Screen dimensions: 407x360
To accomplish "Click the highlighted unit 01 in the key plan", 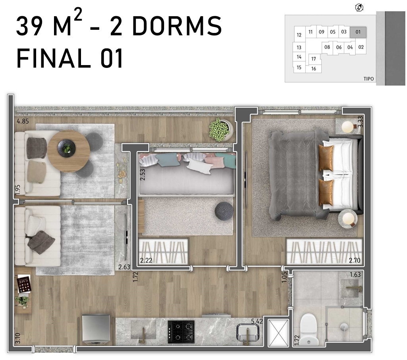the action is point(358,32).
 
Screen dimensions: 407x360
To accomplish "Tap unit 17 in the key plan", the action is point(314,59).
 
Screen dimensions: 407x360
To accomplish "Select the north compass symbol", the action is point(359,8).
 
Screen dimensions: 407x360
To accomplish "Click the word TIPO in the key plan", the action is point(368,79).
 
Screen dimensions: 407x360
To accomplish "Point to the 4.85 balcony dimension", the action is point(23,121).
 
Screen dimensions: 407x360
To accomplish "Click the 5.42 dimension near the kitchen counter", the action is point(257,321).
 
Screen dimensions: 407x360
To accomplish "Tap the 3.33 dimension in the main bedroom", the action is point(361,121).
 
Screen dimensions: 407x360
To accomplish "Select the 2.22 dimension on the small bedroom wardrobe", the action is point(146,260).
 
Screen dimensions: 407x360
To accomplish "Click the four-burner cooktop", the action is point(181,332).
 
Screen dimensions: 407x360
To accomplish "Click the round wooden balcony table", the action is point(69,151).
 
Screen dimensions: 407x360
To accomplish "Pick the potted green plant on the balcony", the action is point(219,129).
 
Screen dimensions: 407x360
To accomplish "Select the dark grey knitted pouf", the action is point(224,211).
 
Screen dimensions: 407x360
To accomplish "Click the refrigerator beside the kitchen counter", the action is point(96,329).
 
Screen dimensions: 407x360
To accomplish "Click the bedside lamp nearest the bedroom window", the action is point(347,127).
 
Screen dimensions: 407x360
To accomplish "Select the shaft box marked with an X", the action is point(278,333).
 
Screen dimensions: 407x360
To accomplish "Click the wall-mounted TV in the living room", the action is point(126,236).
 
